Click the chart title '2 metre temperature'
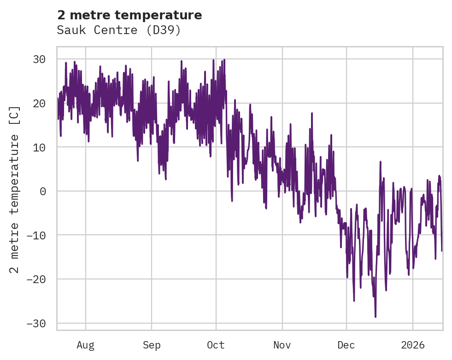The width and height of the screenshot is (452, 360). click(x=129, y=15)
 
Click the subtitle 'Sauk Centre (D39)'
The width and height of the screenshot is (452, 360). click(x=118, y=30)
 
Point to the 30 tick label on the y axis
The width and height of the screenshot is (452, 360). click(x=39, y=59)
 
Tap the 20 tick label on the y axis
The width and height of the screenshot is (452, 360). click(x=39, y=103)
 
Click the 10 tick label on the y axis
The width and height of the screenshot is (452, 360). click(x=39, y=147)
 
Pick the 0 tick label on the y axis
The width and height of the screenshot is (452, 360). click(x=43, y=191)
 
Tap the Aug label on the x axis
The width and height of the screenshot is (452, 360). click(x=86, y=345)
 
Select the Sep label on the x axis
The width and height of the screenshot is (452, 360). click(x=152, y=345)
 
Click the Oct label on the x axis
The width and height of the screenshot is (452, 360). click(x=216, y=345)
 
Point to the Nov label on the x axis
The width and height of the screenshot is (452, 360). click(x=282, y=345)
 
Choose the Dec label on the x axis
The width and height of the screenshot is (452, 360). click(x=346, y=345)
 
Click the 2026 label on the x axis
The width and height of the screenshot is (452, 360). click(x=413, y=345)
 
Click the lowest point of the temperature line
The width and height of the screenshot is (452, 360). click(x=376, y=317)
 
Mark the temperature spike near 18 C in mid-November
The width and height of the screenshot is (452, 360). click(x=312, y=113)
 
